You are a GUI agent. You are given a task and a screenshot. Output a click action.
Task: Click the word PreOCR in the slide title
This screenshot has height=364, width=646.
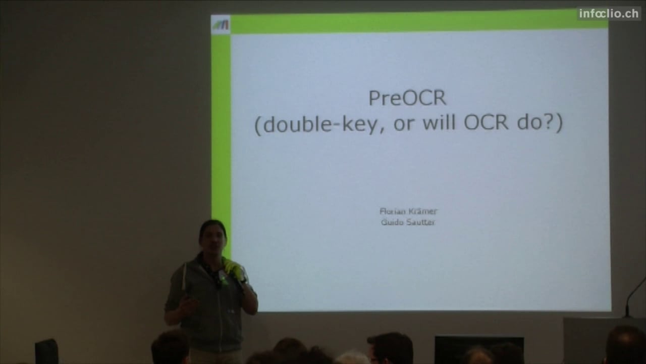[x=407, y=98]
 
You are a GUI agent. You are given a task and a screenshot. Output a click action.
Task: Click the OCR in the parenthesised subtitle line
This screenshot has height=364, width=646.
[x=486, y=122]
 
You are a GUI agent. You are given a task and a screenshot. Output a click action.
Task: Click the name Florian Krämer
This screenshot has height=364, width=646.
[x=408, y=211]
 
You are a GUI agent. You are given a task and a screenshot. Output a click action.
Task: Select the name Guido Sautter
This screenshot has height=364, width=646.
[x=408, y=222]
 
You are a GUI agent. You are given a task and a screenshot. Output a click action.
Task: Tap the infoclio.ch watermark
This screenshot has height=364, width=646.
[x=609, y=14]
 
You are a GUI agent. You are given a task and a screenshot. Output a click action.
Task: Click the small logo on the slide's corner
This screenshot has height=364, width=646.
[x=221, y=25]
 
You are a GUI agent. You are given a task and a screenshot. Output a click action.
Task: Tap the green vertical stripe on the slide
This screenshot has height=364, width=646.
[x=221, y=130]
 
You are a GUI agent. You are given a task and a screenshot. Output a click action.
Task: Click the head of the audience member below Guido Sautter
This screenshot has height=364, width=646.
[x=390, y=348]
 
